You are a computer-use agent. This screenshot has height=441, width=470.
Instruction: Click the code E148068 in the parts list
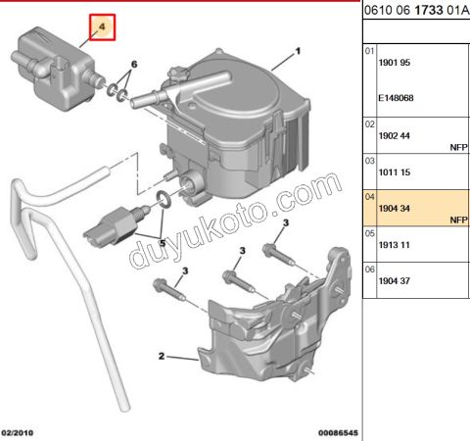point(397,97)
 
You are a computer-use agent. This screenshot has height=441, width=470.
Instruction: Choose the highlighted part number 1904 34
point(395,207)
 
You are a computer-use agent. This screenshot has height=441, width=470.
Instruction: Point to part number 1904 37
point(395,281)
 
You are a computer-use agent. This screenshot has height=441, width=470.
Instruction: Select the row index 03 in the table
point(370,159)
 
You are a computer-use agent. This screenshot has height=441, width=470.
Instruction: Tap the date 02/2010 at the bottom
point(20,431)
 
